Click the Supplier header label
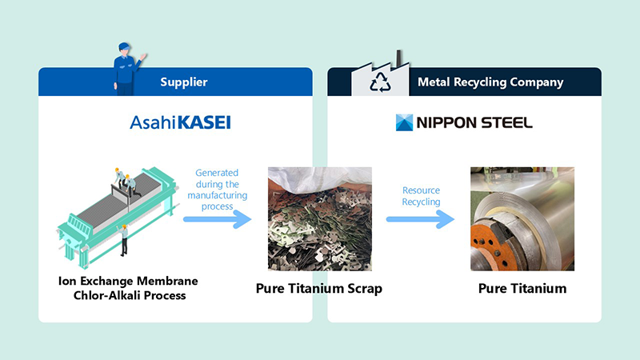pos(183,82)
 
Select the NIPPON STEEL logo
pos(464,122)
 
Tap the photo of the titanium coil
pos(522,218)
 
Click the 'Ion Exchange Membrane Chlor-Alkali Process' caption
pos(128,288)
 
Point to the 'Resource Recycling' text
pos(421,196)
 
